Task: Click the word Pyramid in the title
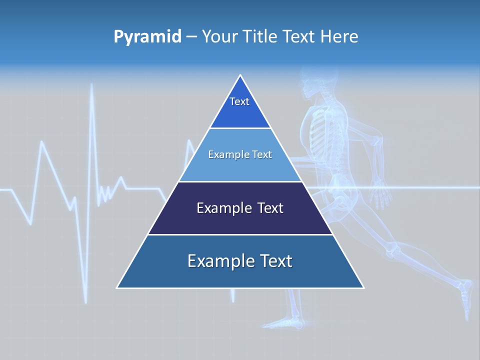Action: [147, 37]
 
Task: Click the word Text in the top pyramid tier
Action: [239, 101]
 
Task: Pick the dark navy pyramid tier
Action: [240, 208]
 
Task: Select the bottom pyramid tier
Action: [240, 262]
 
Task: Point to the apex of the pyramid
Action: [240, 76]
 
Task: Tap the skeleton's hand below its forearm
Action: [382, 195]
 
